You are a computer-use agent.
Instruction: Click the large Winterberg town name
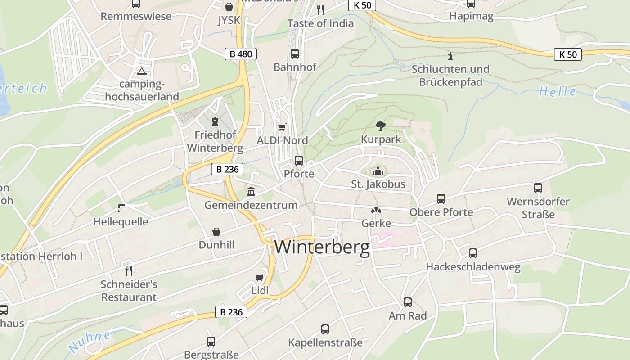click(x=322, y=247)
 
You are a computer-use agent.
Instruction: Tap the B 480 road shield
click(x=241, y=54)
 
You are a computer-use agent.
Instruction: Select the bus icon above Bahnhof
click(x=295, y=54)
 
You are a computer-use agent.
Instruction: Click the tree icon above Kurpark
click(x=381, y=126)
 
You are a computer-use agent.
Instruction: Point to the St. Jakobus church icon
click(x=378, y=171)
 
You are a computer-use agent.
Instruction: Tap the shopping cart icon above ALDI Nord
click(x=282, y=127)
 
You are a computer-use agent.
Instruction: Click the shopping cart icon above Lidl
click(x=260, y=277)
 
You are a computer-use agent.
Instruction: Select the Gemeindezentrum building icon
click(x=251, y=192)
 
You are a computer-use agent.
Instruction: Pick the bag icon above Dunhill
click(x=216, y=232)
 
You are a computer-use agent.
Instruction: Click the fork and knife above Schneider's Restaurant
click(x=129, y=270)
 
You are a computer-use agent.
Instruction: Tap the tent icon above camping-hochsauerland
click(x=142, y=71)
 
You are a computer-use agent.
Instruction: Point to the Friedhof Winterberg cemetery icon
click(x=215, y=121)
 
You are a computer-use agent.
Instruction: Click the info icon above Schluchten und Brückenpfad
click(x=450, y=56)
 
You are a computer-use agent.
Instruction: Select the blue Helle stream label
click(x=558, y=91)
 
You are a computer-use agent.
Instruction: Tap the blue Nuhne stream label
click(x=90, y=341)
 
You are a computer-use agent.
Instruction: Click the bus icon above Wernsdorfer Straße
click(x=538, y=188)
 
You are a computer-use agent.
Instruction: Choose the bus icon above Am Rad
click(x=408, y=302)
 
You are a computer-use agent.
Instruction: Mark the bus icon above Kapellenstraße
click(x=325, y=329)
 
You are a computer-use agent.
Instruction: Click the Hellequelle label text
click(x=121, y=222)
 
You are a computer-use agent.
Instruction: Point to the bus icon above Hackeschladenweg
click(x=473, y=253)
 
